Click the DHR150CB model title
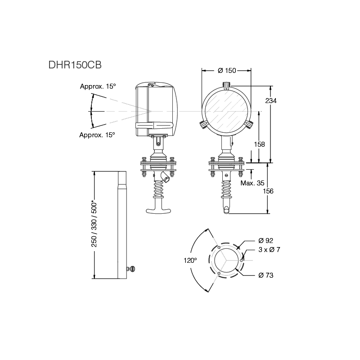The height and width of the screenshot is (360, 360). [75, 65]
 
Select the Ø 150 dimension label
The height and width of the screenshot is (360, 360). [227, 71]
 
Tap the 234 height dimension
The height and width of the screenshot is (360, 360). [271, 100]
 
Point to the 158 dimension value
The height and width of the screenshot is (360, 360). [260, 144]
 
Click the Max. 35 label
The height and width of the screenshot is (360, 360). [252, 183]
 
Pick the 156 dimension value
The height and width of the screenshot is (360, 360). [268, 191]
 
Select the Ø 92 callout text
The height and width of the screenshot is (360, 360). [265, 241]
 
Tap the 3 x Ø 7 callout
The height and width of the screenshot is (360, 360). [269, 250]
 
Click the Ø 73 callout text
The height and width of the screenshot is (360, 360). [266, 275]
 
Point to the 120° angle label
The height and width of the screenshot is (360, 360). [190, 261]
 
